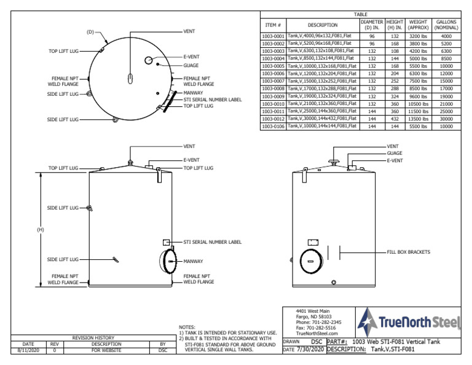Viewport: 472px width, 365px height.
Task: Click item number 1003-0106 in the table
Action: [x=272, y=126]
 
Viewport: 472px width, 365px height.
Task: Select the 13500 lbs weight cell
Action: [x=418, y=119]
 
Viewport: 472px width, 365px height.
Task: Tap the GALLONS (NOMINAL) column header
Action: [x=446, y=25]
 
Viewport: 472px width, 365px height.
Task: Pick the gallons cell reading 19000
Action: [x=446, y=96]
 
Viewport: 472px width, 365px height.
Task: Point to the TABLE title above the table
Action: [x=360, y=14]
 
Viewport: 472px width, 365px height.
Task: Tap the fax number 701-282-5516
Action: [x=315, y=328]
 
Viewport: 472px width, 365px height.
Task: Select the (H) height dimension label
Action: [x=41, y=230]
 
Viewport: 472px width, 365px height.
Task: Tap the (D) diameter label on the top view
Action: [x=90, y=31]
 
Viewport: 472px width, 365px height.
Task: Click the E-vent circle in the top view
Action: [x=149, y=60]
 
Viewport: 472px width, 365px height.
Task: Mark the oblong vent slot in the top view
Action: [x=130, y=79]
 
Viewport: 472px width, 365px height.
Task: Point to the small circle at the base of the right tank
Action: [x=334, y=282]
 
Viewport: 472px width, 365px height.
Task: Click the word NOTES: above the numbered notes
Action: [x=187, y=327]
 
